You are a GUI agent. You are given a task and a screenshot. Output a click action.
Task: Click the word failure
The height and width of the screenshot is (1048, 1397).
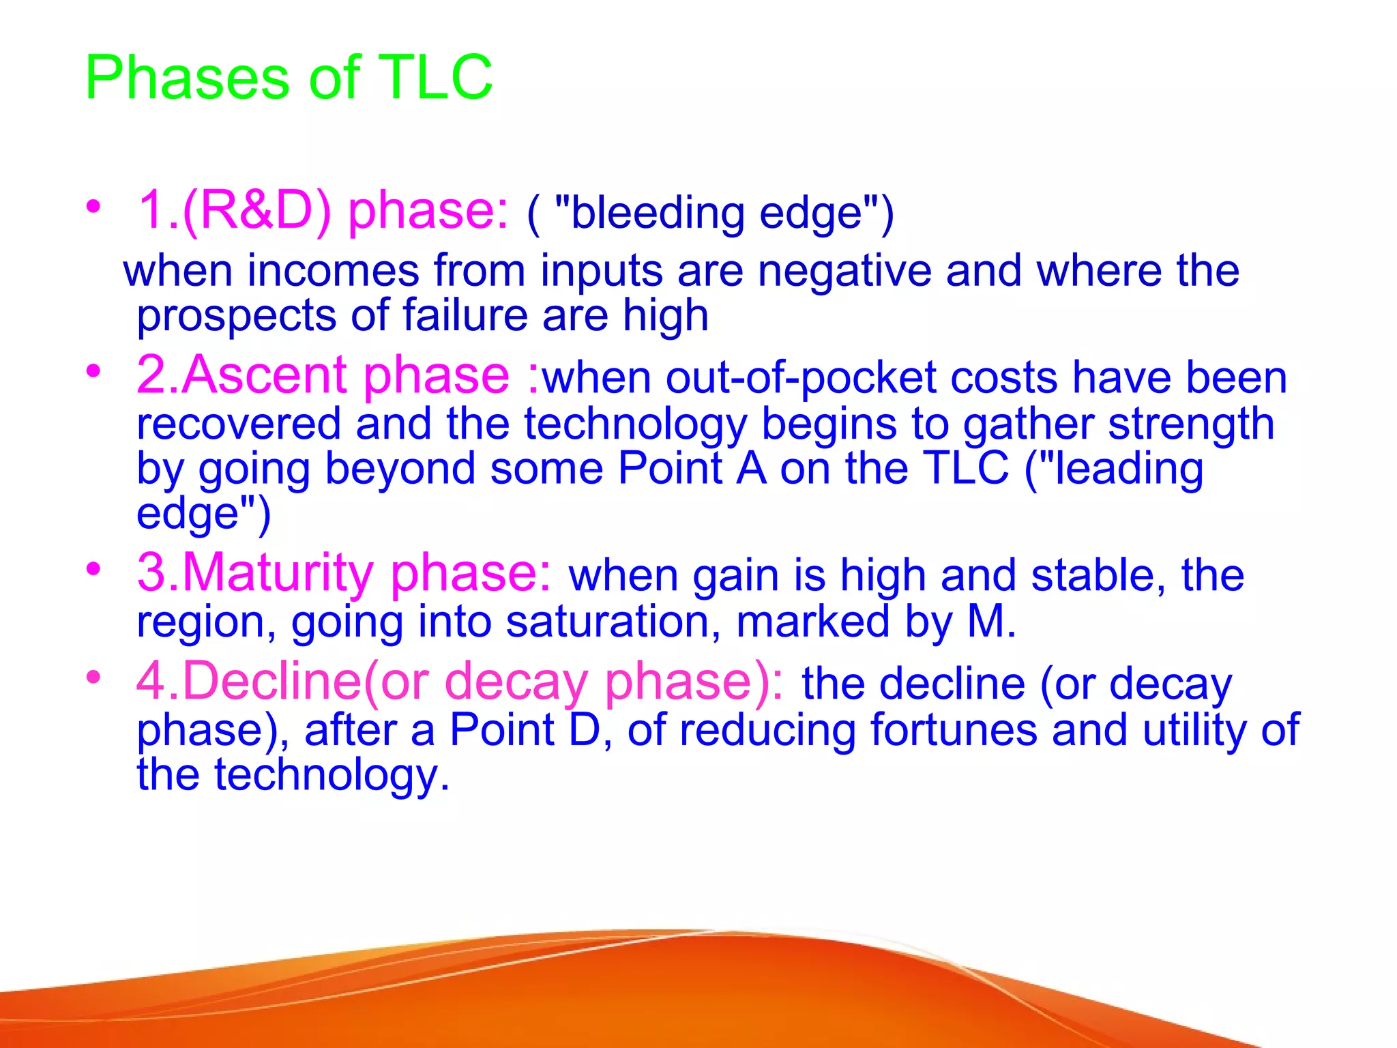[465, 315]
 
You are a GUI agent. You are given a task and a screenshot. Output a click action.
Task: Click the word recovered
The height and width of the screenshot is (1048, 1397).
[238, 424]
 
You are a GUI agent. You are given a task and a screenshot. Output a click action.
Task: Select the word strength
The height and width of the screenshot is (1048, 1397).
[1191, 424]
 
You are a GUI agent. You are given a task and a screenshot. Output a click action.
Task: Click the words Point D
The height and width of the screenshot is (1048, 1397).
[525, 729]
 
